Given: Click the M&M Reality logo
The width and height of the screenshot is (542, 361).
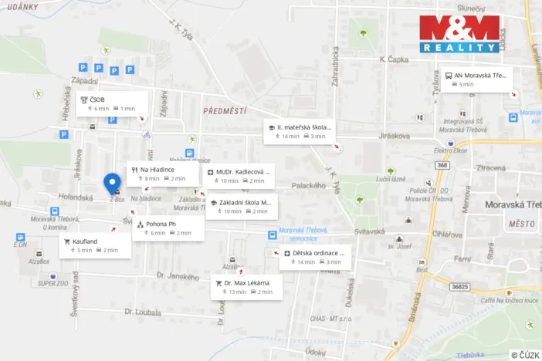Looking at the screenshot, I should coord(461,34).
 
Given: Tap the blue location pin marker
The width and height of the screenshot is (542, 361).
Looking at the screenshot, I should coord(113,184).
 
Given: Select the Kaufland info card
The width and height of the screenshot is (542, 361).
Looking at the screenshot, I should coord(91,245).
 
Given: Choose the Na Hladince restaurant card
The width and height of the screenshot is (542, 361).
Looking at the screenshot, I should coord(158,174).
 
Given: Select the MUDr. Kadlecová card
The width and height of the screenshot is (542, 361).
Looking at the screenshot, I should coord(238,176).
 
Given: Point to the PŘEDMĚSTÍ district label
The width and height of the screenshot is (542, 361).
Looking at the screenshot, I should coord(224,111).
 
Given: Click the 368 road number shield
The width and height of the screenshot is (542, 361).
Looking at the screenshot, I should coord(442,165).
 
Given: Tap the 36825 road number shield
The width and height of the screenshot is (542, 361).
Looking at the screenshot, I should coord(459,286).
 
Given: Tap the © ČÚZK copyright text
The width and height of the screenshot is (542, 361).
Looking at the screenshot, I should coord(525,355).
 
